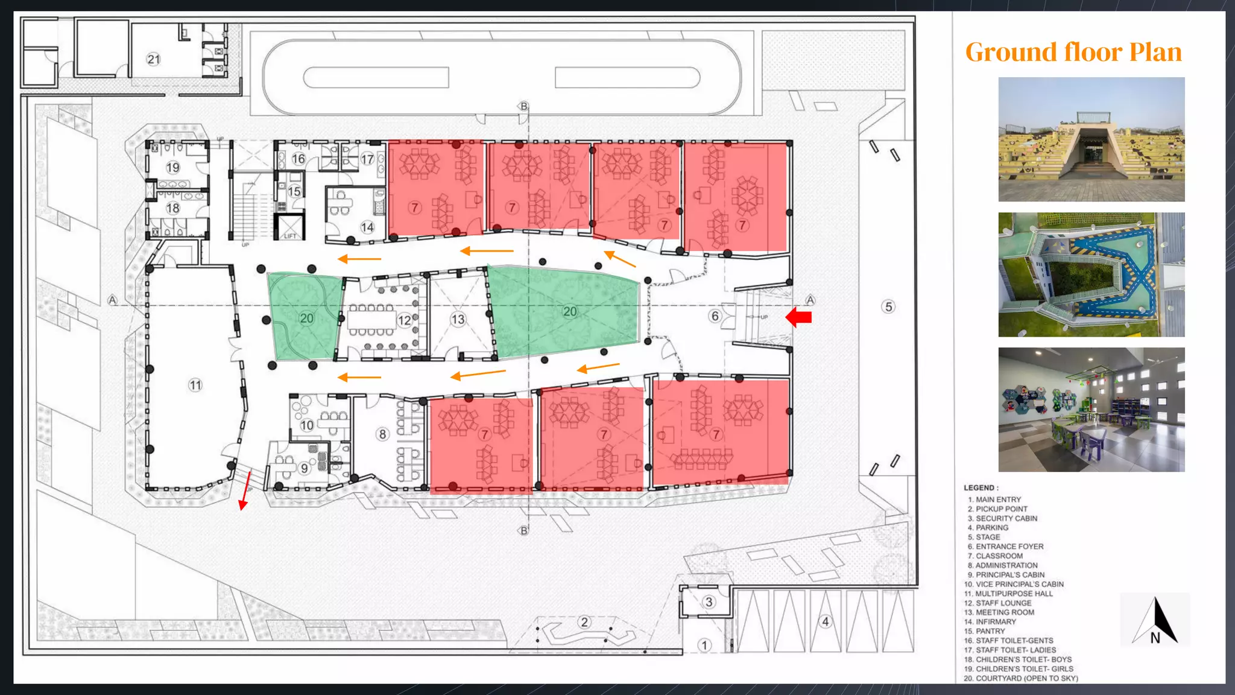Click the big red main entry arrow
point(799,317)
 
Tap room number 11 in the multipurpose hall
point(195,385)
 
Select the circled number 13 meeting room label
point(458,319)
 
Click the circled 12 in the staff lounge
point(405,320)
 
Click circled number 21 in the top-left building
point(154,59)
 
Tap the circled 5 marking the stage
point(888,306)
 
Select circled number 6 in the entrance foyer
point(715,316)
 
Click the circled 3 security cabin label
point(709,601)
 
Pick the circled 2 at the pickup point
point(584,622)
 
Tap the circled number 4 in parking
point(826,621)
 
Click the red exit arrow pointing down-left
point(244,491)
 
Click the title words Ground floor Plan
point(1073,52)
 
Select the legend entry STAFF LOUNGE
point(1003,603)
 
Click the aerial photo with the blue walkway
point(1091,275)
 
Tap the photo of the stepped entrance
point(1091,139)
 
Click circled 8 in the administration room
point(382,434)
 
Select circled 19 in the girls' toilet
point(173,168)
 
